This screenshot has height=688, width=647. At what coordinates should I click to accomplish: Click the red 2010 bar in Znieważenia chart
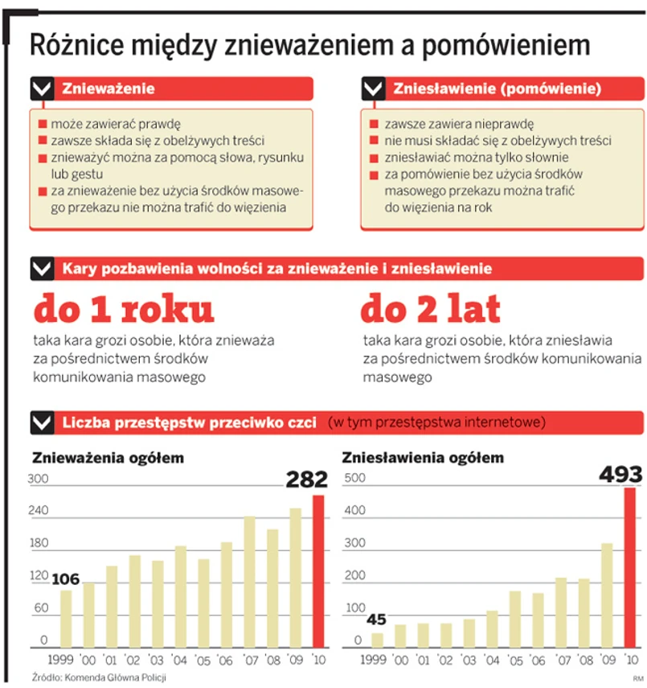click(319, 571)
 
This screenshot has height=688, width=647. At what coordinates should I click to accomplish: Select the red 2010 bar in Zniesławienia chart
click(629, 567)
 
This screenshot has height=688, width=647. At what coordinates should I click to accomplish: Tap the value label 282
click(307, 480)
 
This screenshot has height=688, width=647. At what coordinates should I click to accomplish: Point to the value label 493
click(621, 475)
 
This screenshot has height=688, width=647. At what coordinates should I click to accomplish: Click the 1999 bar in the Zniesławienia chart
click(377, 640)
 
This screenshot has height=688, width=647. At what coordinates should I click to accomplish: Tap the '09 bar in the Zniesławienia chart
click(606, 595)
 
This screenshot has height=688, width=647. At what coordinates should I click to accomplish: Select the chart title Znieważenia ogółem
click(108, 459)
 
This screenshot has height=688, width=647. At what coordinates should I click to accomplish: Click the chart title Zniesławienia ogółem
click(423, 459)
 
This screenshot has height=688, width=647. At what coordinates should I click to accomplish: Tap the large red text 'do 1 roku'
click(124, 310)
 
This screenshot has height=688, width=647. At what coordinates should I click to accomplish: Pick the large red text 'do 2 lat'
click(430, 310)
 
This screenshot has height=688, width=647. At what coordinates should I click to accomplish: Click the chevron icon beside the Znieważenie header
click(42, 88)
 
